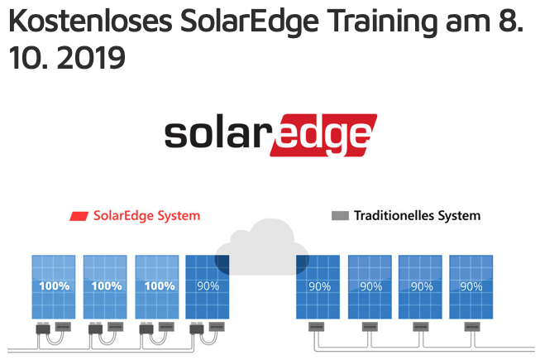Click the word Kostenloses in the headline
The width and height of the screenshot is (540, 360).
point(90,21)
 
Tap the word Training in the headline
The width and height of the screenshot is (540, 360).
point(382,22)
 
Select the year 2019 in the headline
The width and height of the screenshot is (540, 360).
point(91,58)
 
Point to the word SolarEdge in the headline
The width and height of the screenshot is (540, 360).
point(250,22)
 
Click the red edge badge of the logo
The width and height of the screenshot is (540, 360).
point(323,135)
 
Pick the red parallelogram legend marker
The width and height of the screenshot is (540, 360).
point(79,216)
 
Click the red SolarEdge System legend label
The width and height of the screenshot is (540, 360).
point(146,216)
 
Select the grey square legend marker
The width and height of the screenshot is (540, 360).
point(340,216)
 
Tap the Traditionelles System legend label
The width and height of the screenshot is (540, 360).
point(417,216)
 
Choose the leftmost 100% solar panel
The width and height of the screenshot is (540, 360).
point(54,287)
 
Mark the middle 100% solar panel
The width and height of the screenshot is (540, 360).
point(105,287)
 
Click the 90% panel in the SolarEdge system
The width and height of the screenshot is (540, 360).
point(208,287)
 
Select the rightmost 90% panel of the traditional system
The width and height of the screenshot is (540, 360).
point(471,287)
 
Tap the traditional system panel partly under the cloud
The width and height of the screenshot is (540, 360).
point(318,287)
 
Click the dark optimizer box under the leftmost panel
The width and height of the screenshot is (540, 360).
point(43,329)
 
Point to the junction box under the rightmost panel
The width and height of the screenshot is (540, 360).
point(472,327)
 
